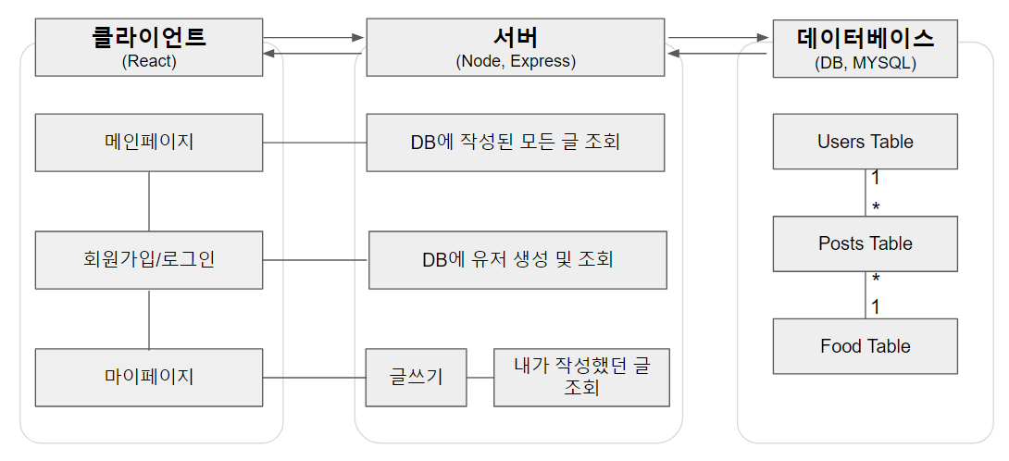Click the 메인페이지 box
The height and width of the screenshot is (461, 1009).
149,143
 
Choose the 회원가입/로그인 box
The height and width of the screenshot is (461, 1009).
149,259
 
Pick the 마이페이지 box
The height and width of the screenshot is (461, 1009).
149,377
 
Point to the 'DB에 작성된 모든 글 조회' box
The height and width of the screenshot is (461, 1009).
516,143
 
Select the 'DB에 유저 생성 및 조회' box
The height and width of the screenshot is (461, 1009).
517,260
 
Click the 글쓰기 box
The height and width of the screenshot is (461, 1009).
415,377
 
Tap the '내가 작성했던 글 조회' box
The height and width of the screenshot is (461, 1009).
581,377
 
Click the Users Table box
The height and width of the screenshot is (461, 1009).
866,142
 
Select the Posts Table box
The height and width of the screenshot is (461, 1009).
866,243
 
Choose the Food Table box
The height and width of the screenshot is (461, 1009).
866,346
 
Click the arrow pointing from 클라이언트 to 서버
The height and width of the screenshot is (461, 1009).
316,38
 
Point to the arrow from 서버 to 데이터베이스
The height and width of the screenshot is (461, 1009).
719,38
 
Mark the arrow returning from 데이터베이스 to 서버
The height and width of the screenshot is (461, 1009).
719,55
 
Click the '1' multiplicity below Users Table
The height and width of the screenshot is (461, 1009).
876,178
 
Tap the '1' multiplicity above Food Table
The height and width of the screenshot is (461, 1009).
876,305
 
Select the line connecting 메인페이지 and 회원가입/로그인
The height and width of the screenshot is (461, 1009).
149,201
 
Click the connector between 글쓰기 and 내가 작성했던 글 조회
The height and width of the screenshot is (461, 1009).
479,377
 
